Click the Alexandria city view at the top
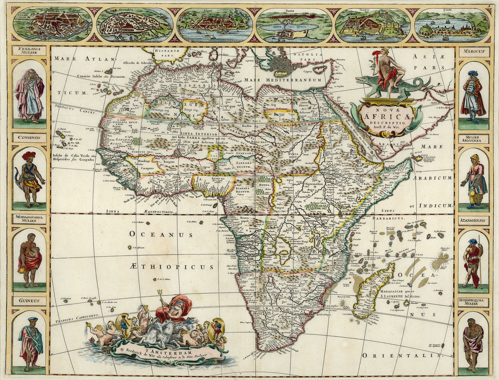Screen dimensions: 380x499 pos(135,25)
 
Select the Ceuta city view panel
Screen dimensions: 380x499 pos(452,25)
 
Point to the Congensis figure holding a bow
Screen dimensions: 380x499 pos(30,179)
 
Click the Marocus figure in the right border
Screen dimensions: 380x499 pos(473,96)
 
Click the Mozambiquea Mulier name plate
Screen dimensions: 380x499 pos(474,302)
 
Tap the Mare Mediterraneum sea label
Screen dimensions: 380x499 pos(283,80)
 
